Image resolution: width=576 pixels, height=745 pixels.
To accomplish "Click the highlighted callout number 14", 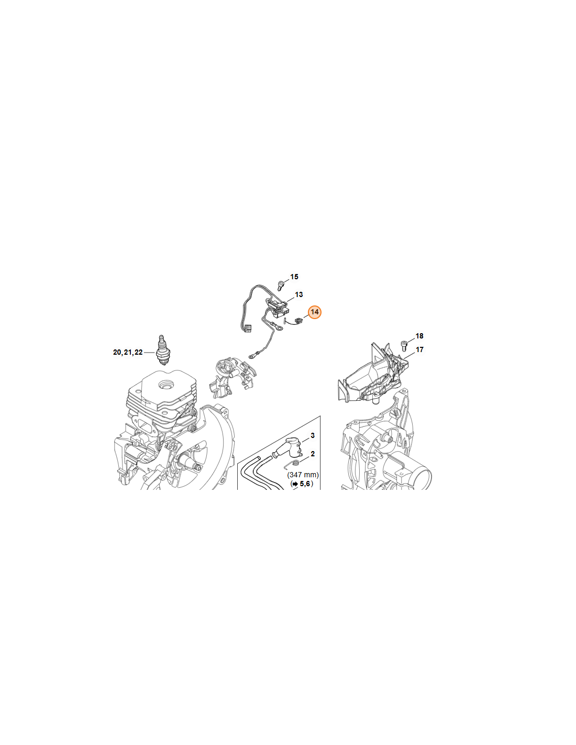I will coord(314,312).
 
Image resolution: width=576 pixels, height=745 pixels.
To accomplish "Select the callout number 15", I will coord(294,277).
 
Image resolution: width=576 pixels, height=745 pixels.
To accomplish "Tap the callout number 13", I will coord(299,294).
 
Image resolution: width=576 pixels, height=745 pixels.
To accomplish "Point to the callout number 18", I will coord(419,336).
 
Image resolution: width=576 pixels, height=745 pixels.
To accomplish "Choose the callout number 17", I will coord(419,349).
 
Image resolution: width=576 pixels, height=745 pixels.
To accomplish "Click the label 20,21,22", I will coord(128,352).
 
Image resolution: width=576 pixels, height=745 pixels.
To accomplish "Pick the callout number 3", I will coord(313,435).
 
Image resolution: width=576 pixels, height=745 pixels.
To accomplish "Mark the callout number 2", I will coord(313,454).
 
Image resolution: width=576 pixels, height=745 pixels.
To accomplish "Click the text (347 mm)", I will coord(303,475).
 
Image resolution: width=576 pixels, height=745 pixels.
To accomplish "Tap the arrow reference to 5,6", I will coord(302,484).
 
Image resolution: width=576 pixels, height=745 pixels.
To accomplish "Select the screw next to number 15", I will coord(281,286).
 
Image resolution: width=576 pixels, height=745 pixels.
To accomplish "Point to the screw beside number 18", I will coord(404,345).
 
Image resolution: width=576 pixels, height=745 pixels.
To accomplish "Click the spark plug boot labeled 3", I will coord(290,448).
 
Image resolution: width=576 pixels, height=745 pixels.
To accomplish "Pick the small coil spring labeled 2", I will coord(294,463).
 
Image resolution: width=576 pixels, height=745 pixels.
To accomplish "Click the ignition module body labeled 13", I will coord(277,305).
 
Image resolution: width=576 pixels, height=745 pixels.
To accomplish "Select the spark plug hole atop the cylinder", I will coord(168,385).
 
